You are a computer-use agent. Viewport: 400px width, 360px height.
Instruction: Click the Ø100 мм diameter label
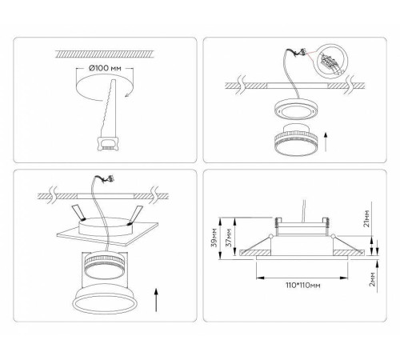click(x=105, y=68)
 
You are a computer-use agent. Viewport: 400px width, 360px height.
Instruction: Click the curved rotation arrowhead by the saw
click(x=128, y=94)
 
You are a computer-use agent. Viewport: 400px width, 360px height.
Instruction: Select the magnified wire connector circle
click(x=330, y=62)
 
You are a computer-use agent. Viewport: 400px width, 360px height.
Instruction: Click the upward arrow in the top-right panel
click(x=326, y=142)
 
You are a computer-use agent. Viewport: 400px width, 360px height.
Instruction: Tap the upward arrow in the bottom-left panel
click(x=156, y=299)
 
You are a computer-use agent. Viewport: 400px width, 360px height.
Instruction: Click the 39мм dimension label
click(x=214, y=238)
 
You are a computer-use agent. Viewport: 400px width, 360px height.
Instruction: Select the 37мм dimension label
click(x=229, y=238)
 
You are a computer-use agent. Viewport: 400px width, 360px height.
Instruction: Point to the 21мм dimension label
click(x=367, y=218)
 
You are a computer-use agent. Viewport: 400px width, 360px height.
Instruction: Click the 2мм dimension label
click(x=373, y=279)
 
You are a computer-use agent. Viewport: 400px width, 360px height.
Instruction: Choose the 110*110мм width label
click(x=303, y=286)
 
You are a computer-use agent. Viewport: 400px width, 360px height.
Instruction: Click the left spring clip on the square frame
click(x=78, y=212)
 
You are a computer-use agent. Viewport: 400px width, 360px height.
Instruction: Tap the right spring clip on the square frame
click(x=136, y=214)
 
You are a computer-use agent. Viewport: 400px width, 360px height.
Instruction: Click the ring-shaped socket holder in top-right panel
click(x=296, y=110)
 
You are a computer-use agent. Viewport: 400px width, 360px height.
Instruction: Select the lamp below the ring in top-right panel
click(x=296, y=140)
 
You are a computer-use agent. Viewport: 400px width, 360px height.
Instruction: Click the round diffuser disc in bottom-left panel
click(x=104, y=298)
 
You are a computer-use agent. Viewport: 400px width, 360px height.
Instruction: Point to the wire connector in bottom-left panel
click(x=111, y=179)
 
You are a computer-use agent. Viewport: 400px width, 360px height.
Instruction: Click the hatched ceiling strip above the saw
click(x=104, y=54)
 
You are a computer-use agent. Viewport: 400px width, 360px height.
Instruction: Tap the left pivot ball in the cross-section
click(x=271, y=236)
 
